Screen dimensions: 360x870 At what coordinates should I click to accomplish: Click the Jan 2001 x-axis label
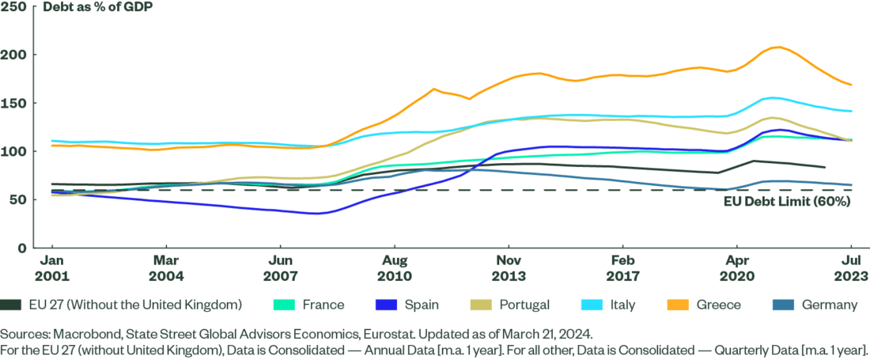(51, 267)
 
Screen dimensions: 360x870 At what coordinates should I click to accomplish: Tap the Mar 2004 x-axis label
(165, 267)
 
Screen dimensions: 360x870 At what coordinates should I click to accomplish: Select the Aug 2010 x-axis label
(395, 267)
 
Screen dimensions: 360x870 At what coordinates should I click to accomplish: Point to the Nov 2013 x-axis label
(509, 267)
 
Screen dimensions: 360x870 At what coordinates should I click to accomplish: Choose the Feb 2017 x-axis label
(622, 267)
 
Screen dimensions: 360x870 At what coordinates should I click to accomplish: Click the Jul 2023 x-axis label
(851, 267)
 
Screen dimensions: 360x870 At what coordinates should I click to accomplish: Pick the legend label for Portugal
(524, 304)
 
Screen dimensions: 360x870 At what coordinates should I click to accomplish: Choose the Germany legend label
(830, 304)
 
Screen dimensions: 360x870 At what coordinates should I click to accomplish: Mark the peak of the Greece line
(778, 47)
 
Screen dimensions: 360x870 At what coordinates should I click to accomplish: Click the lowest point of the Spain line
(315, 214)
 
